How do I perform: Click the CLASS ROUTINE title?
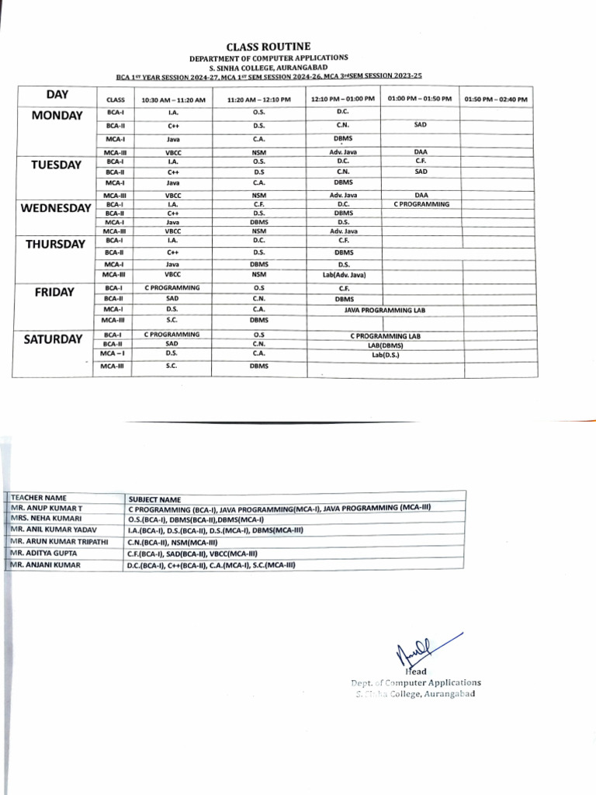pyautogui.click(x=268, y=47)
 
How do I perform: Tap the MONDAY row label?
pyautogui.click(x=57, y=116)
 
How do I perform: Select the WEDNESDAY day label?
pyautogui.click(x=56, y=208)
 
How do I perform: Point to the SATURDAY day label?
pyautogui.click(x=52, y=339)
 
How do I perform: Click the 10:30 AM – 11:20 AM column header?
pyautogui.click(x=173, y=100)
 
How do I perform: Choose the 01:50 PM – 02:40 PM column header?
pyautogui.click(x=496, y=100)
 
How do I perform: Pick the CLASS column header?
pyautogui.click(x=115, y=100)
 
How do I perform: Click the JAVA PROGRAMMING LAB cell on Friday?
pyautogui.click(x=385, y=310)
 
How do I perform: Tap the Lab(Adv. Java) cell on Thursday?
pyautogui.click(x=344, y=275)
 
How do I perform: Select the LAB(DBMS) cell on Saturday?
pyautogui.click(x=385, y=345)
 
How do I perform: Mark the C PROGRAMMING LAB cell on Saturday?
pyautogui.click(x=385, y=336)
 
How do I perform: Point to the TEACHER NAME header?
pyautogui.click(x=39, y=498)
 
